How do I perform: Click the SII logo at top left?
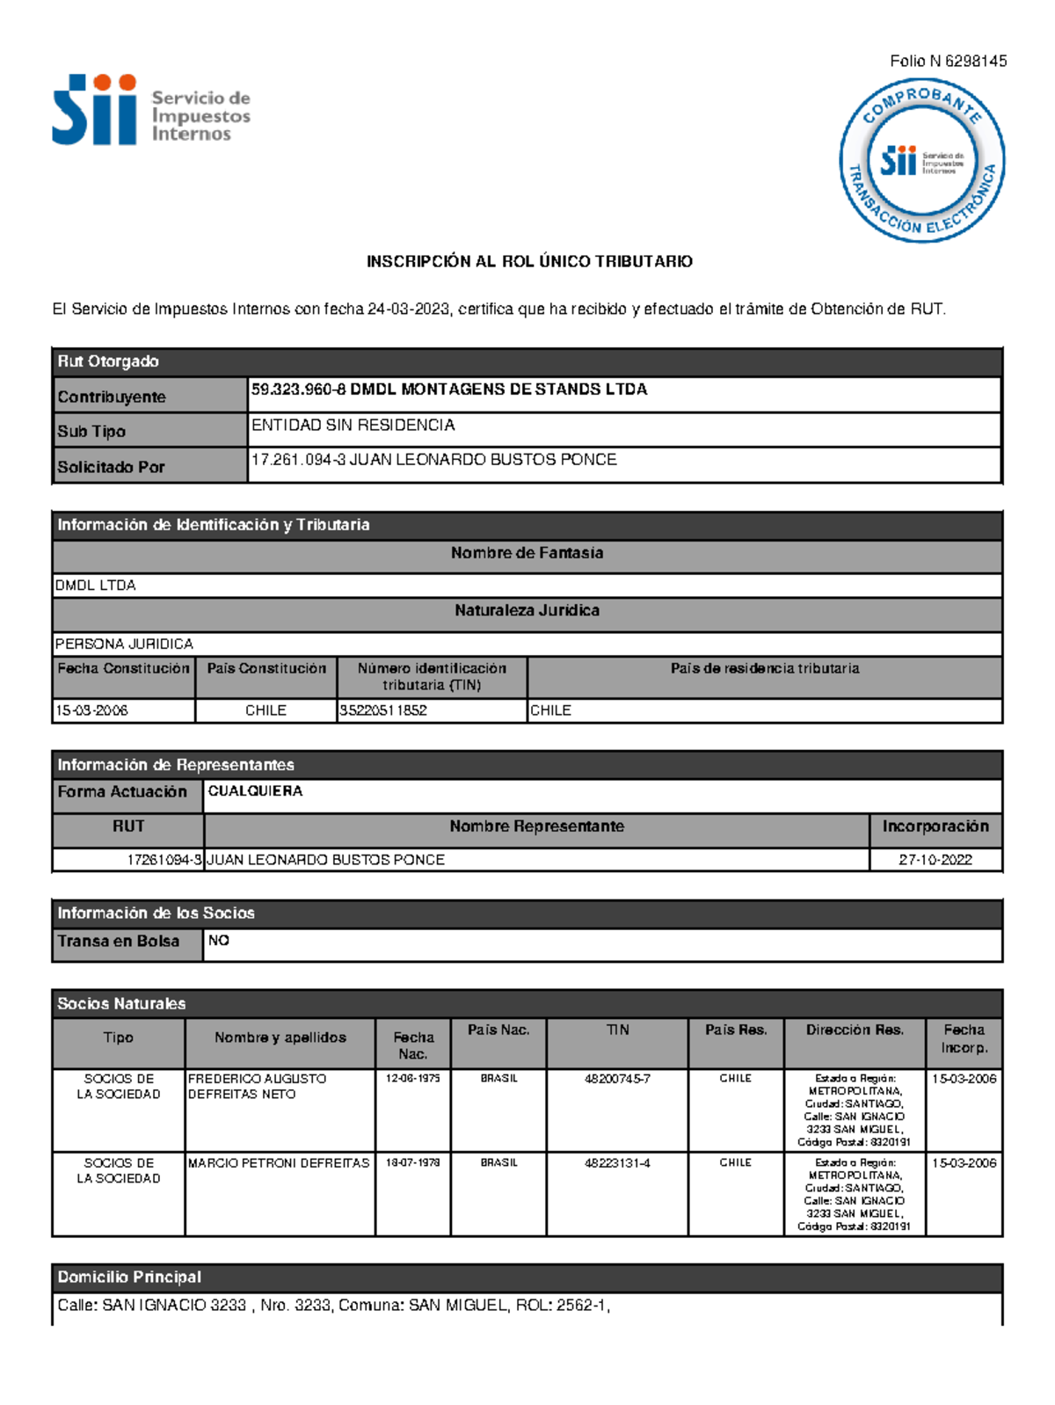[149, 111]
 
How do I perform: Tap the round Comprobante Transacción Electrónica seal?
[921, 161]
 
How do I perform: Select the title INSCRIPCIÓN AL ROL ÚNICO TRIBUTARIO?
[529, 261]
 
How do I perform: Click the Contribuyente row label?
[112, 397]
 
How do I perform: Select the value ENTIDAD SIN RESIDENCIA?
[353, 425]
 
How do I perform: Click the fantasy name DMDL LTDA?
[96, 586]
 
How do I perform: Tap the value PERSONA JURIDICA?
[124, 644]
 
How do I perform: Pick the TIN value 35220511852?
[383, 710]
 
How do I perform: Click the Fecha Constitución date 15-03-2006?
[91, 710]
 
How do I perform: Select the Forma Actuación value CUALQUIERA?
[255, 791]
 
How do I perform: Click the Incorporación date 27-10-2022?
[935, 860]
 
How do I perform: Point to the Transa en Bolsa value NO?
[219, 941]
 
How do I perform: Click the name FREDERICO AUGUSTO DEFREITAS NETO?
[257, 1087]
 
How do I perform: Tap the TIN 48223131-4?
[617, 1162]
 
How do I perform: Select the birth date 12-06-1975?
[412, 1078]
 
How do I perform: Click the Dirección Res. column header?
[855, 1030]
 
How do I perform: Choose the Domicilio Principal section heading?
[129, 1277]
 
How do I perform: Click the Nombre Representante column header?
[536, 826]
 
